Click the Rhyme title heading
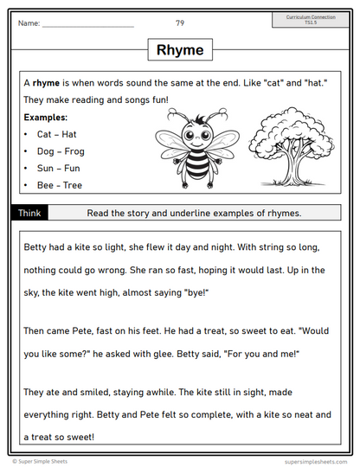tap(180, 50)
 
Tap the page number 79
tap(179, 23)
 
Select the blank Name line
tap(87, 25)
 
